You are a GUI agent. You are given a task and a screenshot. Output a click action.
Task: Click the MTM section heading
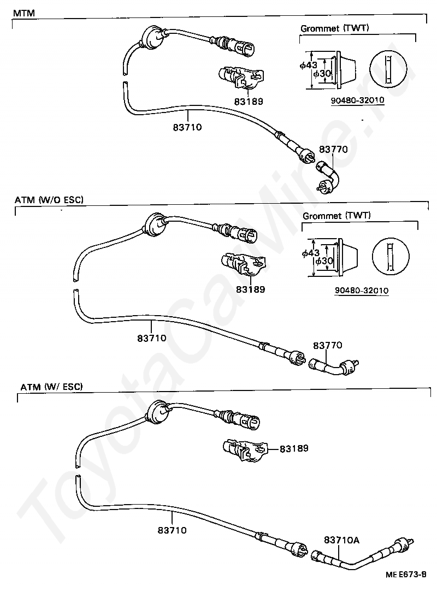24,13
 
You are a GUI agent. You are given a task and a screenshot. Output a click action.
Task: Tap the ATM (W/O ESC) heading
49,200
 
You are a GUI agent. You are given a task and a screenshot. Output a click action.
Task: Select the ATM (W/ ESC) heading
52,387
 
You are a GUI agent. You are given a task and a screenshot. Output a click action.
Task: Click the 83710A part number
341,540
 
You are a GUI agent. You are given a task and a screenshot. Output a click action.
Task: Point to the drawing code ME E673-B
406,575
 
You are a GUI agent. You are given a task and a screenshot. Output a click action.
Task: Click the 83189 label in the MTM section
249,102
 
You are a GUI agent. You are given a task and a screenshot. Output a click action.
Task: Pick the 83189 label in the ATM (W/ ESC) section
294,448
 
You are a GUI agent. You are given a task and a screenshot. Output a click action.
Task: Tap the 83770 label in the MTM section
333,149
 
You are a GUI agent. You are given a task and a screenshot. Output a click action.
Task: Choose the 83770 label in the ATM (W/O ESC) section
327,345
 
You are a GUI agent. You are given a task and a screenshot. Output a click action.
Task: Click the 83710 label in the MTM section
187,127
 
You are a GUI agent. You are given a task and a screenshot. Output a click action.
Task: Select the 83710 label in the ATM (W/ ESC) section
172,530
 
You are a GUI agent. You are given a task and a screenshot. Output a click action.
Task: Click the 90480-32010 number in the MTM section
358,100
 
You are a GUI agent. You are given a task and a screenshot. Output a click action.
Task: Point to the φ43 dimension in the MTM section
309,66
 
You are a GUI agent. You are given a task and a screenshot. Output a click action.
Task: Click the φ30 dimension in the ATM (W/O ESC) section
324,261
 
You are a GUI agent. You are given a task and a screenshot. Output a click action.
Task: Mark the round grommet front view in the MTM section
388,69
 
